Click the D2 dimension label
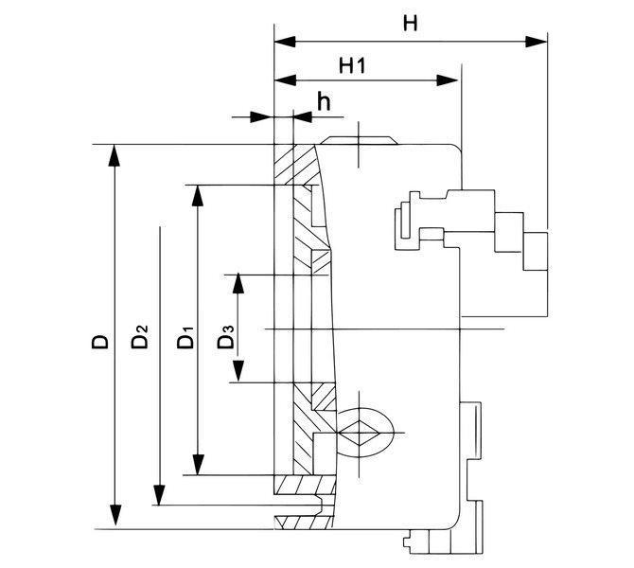click(x=141, y=337)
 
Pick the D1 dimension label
click(x=185, y=337)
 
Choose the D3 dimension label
click(x=224, y=337)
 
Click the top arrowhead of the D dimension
click(x=114, y=153)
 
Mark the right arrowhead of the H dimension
click(x=540, y=43)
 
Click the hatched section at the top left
click(x=284, y=165)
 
